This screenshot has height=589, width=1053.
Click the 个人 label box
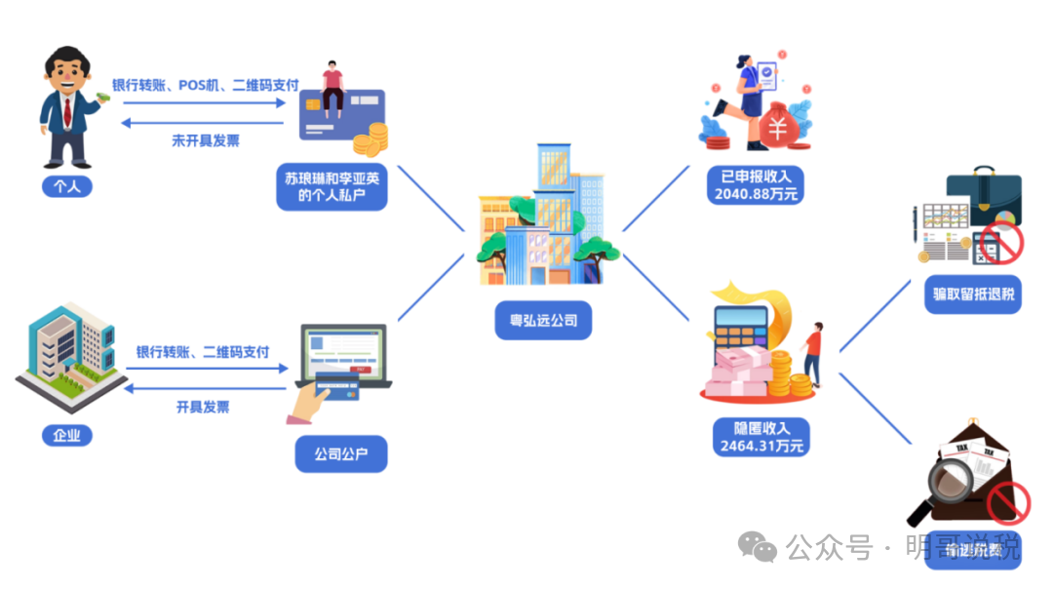click(66, 185)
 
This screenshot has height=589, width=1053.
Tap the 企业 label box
click(66, 434)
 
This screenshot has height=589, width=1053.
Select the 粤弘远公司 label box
click(543, 320)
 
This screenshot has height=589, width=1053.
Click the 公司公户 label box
click(341, 454)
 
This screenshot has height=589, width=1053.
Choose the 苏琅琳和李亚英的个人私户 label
click(332, 186)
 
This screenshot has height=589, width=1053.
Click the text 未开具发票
click(206, 140)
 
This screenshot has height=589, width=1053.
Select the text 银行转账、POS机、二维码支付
click(206, 86)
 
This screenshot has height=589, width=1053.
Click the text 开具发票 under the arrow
click(203, 407)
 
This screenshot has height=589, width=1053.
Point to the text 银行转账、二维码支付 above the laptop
click(203, 352)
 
